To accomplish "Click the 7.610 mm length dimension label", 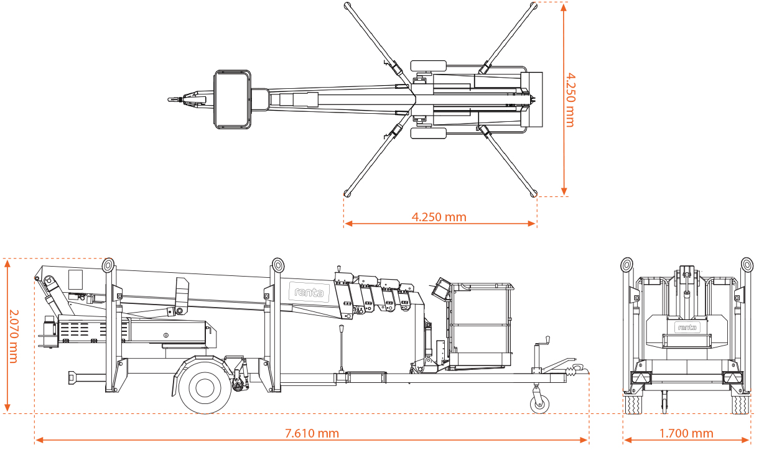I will point(312,433).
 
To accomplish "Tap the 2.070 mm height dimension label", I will point(14,336).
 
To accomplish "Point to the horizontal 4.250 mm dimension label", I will point(439,217).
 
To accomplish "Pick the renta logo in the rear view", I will point(687,326).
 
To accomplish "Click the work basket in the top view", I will point(233,99).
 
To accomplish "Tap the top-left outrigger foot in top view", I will point(347,6).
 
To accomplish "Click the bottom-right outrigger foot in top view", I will point(534,193).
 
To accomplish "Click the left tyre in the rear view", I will point(633,405).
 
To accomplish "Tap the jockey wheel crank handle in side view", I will point(546,341).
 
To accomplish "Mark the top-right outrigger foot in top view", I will point(534,6).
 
